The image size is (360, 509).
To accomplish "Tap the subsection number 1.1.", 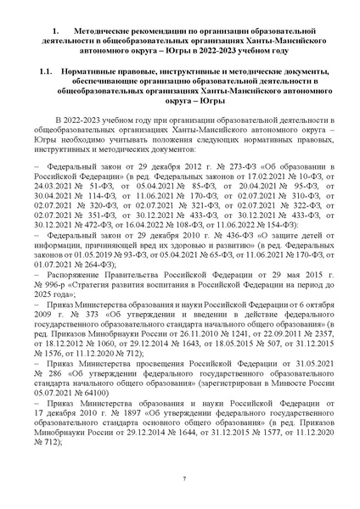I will click(51, 73).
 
